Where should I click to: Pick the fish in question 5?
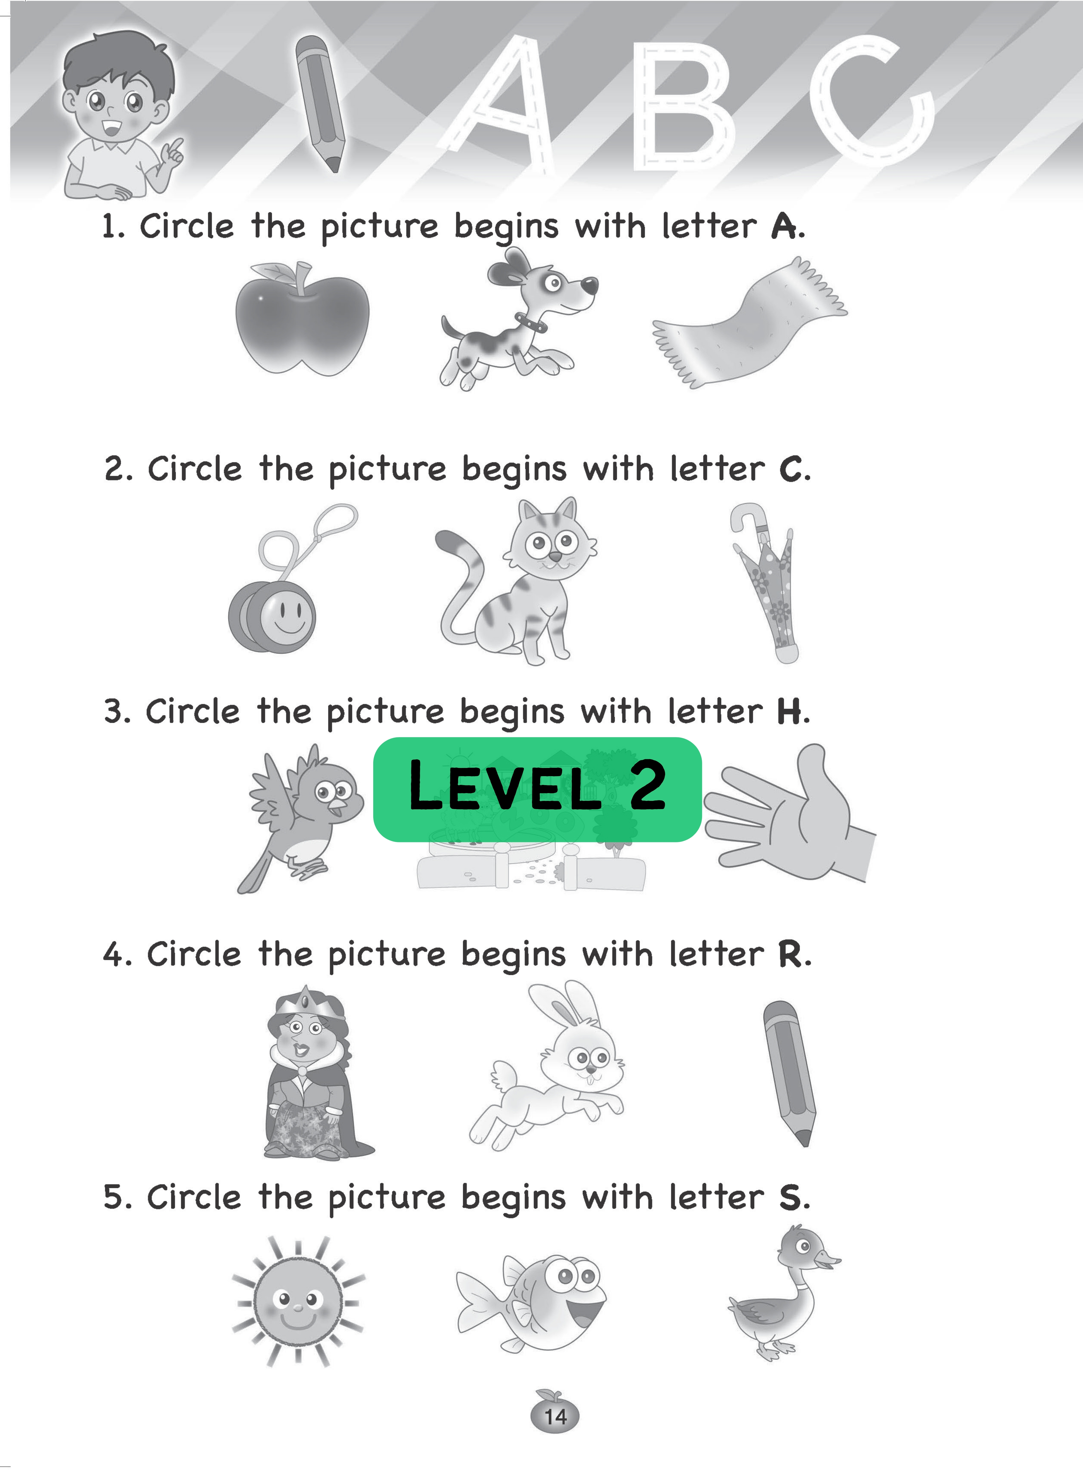pyautogui.click(x=531, y=1305)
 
